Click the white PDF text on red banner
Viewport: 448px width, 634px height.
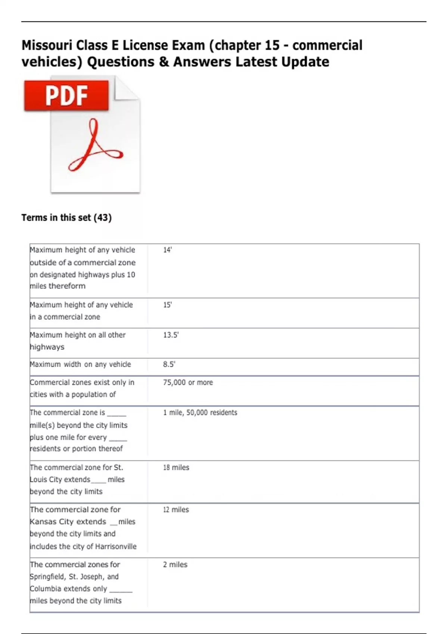66,95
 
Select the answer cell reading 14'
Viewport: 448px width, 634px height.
167,250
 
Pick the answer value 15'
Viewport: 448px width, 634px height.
167,305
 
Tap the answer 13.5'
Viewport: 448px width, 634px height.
171,335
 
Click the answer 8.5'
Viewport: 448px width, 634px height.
169,364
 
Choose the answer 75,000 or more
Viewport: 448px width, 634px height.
188,383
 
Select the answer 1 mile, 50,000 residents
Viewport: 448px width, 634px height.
200,413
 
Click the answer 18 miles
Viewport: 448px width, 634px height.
176,468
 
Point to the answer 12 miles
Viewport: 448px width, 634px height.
176,510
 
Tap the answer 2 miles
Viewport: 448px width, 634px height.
175,565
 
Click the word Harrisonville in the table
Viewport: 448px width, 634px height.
116,547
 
